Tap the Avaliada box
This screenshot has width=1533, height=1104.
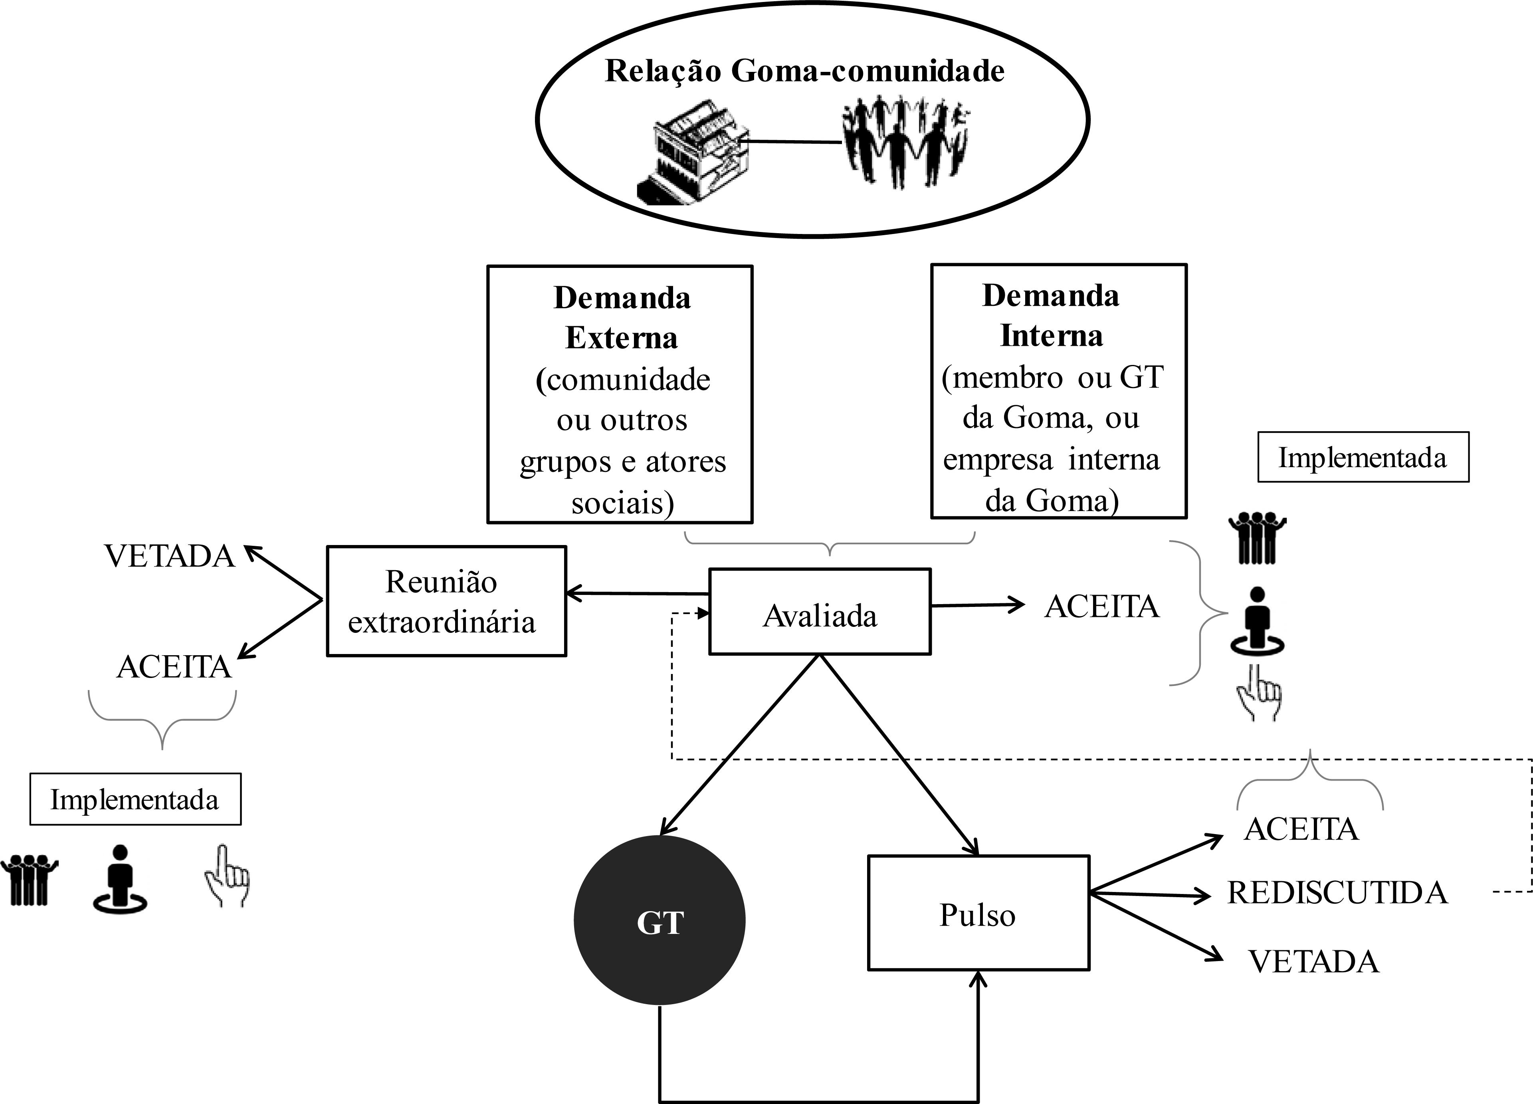tap(819, 612)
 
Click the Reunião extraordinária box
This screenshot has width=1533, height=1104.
tap(446, 601)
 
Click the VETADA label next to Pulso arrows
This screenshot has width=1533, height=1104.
tap(1313, 962)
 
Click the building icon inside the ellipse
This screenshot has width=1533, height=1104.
tap(696, 155)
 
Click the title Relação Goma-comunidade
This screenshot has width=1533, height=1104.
tap(804, 71)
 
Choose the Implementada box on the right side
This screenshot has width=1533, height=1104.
tap(1363, 458)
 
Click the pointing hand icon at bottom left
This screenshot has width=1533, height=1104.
tap(226, 876)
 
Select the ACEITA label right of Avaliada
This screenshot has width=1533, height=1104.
tap(1102, 607)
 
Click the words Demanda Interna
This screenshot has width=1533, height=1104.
tap(1051, 316)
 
